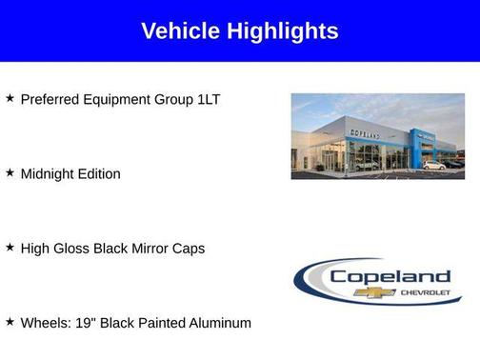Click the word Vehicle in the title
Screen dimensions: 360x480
[x=180, y=31]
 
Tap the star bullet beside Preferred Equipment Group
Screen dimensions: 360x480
[x=10, y=98]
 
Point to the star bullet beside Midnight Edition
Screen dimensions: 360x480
[x=10, y=172]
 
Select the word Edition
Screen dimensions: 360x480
[x=99, y=174]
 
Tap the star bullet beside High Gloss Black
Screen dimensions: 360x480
[x=10, y=247]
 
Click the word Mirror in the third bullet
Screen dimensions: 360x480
[x=149, y=249]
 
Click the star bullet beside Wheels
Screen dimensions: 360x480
[x=10, y=321]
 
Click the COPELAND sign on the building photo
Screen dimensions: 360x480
[x=364, y=135]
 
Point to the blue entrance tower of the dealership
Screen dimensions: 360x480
[x=422, y=147]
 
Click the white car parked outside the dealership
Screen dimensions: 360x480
[x=433, y=166]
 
